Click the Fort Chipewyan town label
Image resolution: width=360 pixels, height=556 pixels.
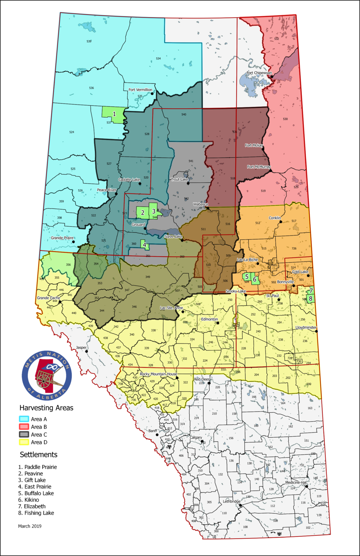coord(259,73)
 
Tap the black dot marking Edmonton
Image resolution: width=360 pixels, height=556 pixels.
coord(218,323)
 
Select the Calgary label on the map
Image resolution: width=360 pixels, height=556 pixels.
coord(196,437)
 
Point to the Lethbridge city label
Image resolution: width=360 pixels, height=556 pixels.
coord(231,501)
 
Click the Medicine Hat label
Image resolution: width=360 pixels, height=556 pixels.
coord(296,483)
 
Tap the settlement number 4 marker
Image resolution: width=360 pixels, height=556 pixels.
coord(145,245)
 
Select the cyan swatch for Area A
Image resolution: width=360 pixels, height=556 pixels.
coord(24,419)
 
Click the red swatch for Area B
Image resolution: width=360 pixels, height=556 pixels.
coord(24,427)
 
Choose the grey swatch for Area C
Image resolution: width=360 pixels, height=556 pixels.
coord(24,434)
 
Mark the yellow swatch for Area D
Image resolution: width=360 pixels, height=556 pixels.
coord(24,442)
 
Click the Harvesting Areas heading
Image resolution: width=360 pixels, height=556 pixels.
coord(46,408)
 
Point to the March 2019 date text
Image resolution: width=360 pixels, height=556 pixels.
coord(30,526)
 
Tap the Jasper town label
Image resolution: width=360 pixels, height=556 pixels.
coord(81,347)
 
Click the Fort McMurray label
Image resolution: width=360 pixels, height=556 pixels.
coord(259,167)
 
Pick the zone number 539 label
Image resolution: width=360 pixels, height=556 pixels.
coord(89,41)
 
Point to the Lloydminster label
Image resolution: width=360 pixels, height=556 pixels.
coord(306,328)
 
